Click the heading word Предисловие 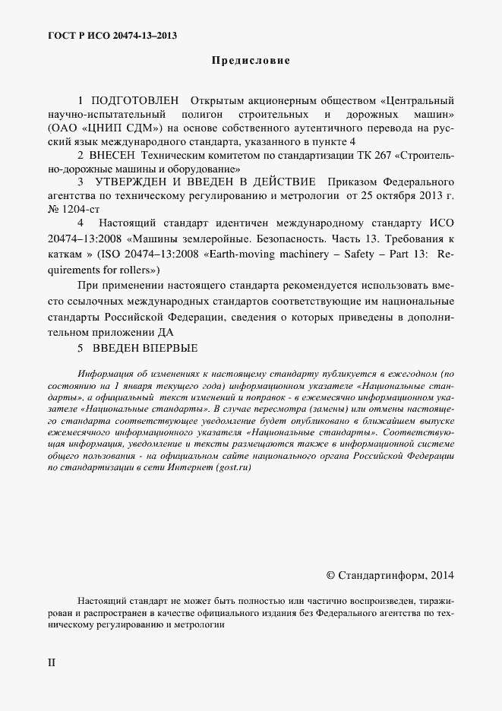point(251,60)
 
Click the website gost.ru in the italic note point(232,469)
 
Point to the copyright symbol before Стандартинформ point(330,575)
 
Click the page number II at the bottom point(52,662)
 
